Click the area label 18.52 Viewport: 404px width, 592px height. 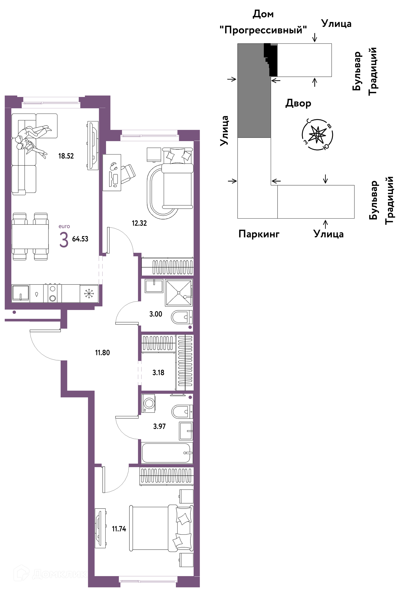point(66,156)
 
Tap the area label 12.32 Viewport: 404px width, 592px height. point(139,223)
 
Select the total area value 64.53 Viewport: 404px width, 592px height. point(80,239)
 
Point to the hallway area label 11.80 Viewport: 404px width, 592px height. point(102,353)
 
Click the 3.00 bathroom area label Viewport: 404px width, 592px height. point(156,314)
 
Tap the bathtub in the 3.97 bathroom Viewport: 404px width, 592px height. point(167,453)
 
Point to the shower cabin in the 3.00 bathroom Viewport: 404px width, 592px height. point(179,293)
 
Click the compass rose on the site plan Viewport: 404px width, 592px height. point(318,134)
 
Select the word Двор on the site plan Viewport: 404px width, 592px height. point(298,103)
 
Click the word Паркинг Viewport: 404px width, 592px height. point(259,234)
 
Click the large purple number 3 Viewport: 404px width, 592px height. point(64,240)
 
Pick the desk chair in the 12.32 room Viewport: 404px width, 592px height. point(128,173)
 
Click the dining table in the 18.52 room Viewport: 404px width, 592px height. point(30,236)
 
